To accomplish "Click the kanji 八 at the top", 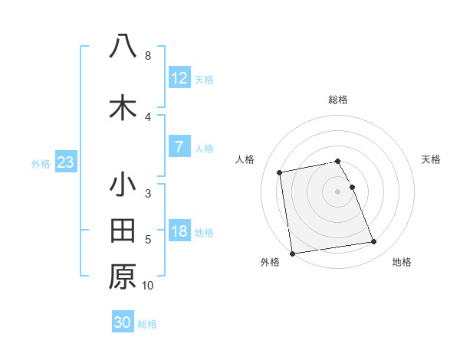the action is pyautogui.click(x=123, y=46).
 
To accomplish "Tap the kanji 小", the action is pyautogui.click(x=123, y=185).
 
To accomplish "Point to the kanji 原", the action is pyautogui.click(x=123, y=277).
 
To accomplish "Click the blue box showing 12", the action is pyautogui.click(x=179, y=78).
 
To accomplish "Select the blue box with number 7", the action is pyautogui.click(x=179, y=147).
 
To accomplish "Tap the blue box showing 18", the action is pyautogui.click(x=179, y=231).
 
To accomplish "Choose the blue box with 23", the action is pyautogui.click(x=65, y=162).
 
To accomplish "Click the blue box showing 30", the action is pyautogui.click(x=123, y=322).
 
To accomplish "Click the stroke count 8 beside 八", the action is pyautogui.click(x=147, y=56).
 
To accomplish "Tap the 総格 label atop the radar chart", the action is pyautogui.click(x=338, y=100).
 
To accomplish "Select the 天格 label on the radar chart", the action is pyautogui.click(x=432, y=159).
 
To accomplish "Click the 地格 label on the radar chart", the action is pyautogui.click(x=402, y=263).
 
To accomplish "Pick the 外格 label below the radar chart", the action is pyautogui.click(x=270, y=263).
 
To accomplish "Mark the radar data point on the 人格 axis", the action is pyautogui.click(x=281, y=172).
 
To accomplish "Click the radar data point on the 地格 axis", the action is pyautogui.click(x=373, y=242).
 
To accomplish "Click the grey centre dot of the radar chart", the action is pyautogui.click(x=337, y=191).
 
